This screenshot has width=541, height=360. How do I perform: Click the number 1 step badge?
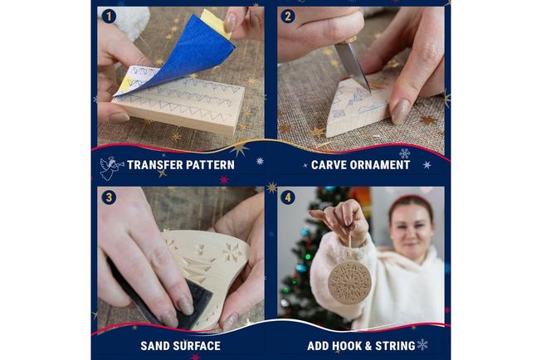pos(108,17)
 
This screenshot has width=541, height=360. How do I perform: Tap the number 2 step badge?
pos(287,17)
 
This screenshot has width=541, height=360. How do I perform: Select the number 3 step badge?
pos(108,197)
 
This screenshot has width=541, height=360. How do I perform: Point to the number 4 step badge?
pos(287,197)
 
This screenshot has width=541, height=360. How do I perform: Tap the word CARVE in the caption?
pos(330,164)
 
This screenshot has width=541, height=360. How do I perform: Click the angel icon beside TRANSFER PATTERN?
pos(111,167)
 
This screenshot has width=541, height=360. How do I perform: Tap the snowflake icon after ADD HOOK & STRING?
pos(422,344)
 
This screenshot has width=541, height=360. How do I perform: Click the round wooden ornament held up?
pos(349,281)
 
